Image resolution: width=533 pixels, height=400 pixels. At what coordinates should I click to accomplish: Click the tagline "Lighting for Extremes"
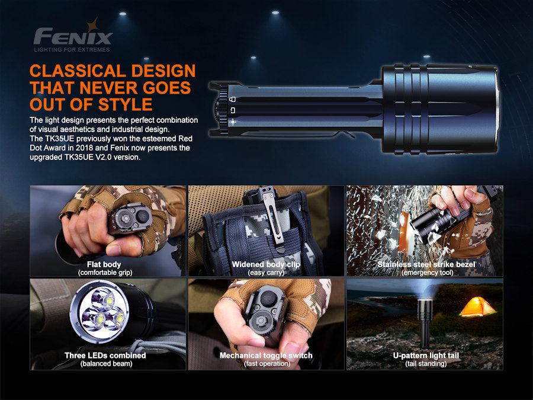tap(72, 49)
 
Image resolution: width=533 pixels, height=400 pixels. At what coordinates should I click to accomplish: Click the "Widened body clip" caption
tap(266, 264)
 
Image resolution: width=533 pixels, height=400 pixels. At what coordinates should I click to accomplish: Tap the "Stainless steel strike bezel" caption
tap(426, 264)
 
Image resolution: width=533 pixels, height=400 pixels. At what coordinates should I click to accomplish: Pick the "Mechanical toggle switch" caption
tap(266, 356)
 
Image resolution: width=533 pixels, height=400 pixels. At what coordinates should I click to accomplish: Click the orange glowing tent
tap(477, 306)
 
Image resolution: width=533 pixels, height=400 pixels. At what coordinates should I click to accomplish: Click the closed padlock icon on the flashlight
tap(232, 98)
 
